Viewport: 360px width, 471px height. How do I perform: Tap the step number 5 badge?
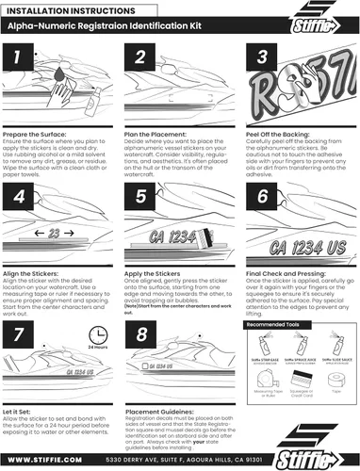(x=139, y=197)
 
